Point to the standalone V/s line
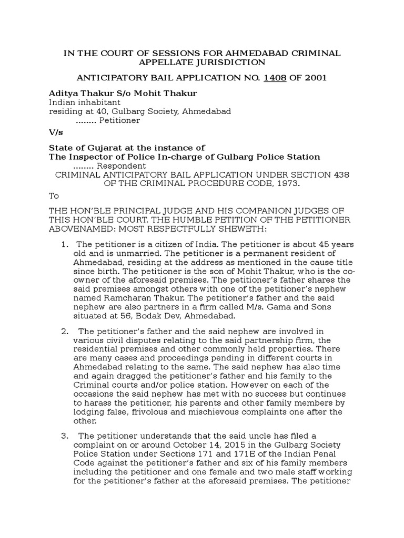[x=55, y=133]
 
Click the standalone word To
[x=54, y=195]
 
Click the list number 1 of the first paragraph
[x=65, y=245]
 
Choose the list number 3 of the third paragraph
[x=65, y=436]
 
